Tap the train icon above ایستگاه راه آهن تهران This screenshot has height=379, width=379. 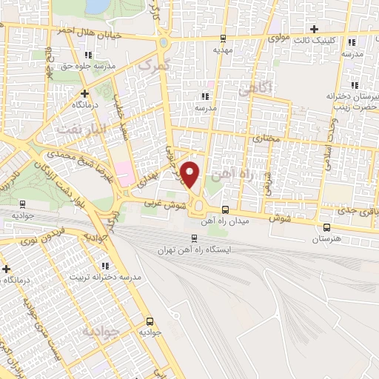[x=195, y=238]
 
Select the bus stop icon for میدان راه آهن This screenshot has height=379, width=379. [x=225, y=209]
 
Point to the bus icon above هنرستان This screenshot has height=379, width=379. [x=326, y=227]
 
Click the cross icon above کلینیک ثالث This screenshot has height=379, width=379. [x=315, y=28]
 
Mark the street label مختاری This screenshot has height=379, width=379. [x=264, y=138]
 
